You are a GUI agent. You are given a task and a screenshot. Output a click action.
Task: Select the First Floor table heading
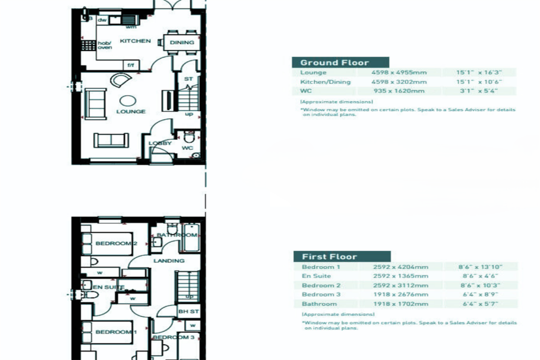(x=329, y=257)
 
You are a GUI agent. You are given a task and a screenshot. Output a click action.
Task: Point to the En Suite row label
(x=316, y=276)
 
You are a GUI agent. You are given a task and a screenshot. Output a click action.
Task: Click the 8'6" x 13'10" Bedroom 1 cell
(x=480, y=267)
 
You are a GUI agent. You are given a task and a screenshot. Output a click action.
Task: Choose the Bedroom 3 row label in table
(x=321, y=295)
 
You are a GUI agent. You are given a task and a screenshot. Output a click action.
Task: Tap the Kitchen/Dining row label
(x=325, y=82)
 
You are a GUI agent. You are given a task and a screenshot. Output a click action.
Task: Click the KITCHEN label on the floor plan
(x=135, y=41)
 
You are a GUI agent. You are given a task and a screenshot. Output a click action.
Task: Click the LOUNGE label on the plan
(x=131, y=112)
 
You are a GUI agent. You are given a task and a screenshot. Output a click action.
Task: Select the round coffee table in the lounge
(x=128, y=100)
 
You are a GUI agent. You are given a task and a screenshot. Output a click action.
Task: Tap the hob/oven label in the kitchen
(x=104, y=45)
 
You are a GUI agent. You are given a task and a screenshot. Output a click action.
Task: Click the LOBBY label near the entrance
(x=160, y=143)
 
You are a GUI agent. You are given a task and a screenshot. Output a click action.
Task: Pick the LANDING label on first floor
(x=169, y=260)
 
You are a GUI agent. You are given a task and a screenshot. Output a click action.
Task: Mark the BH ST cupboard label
(x=188, y=312)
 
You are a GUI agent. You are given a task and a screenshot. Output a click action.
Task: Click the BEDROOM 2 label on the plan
(x=116, y=244)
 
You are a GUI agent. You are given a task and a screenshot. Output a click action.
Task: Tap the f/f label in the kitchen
(x=130, y=66)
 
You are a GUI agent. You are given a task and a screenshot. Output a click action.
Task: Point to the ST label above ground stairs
(x=188, y=80)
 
